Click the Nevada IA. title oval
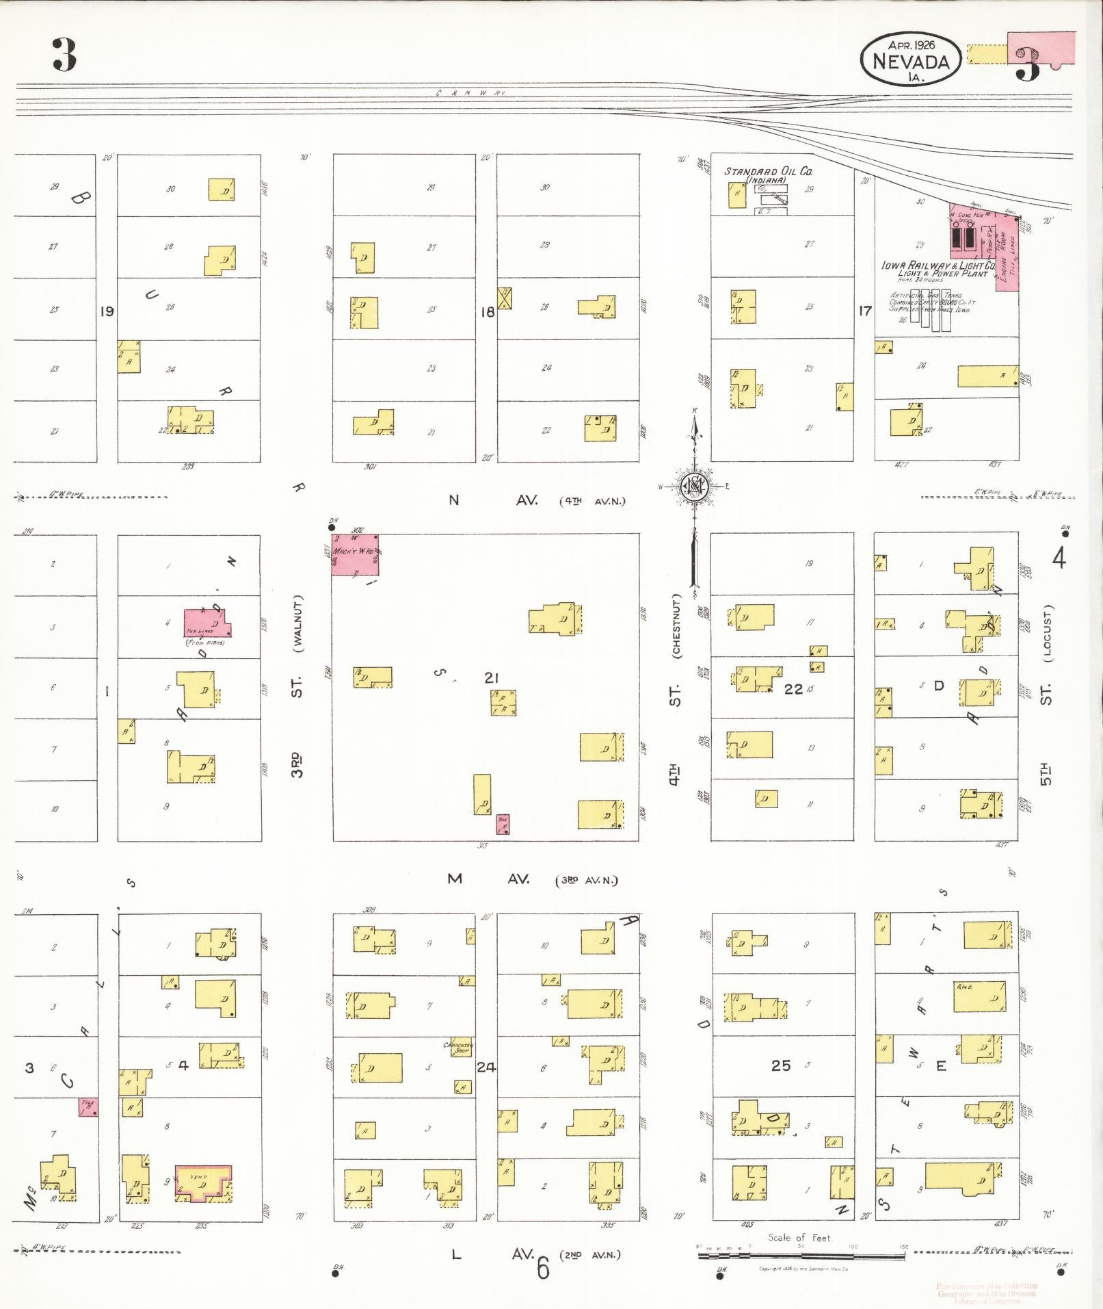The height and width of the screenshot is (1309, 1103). coord(910,60)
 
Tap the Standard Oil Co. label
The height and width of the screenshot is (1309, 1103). coord(768,171)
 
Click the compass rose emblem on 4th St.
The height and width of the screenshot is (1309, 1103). coord(695,486)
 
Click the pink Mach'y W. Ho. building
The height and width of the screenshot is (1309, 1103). coord(356,554)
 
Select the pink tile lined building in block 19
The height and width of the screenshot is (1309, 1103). coord(207,622)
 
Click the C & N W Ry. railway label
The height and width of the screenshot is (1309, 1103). coord(470,92)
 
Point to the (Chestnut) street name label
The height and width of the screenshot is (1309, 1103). coord(676,625)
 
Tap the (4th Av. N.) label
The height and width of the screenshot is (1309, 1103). coord(592,501)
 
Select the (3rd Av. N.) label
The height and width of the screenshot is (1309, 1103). coord(586,880)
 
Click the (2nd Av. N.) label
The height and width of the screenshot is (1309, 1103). coord(589,1255)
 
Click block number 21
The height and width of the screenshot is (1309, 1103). coord(491,677)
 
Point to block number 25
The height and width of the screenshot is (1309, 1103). coord(780,1065)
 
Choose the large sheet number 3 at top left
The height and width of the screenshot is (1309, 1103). coord(64,55)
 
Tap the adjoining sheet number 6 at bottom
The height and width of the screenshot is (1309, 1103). coord(542,1269)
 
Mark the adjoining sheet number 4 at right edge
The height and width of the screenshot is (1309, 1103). coord(1059,558)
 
